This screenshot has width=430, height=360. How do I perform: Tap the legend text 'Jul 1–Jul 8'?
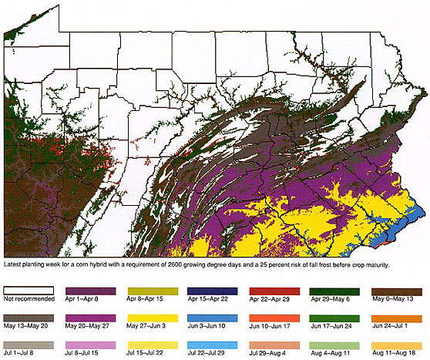coord(23,353)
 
